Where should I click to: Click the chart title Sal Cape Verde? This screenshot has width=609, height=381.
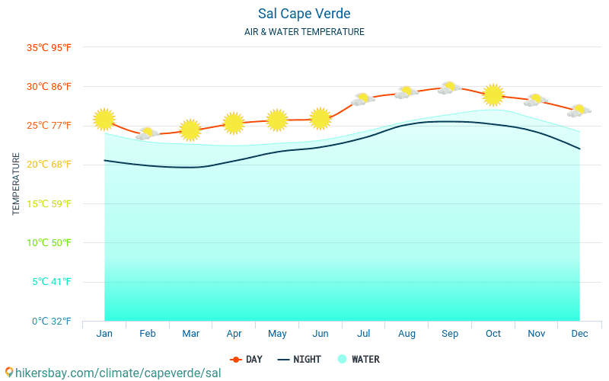(x=304, y=14)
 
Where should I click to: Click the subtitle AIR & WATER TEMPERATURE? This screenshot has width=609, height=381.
(x=304, y=32)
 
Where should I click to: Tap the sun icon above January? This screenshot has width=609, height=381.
(x=104, y=119)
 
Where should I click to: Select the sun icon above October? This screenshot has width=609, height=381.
(x=493, y=94)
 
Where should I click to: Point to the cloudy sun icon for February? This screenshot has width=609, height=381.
(x=147, y=134)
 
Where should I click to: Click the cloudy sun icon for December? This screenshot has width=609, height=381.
(x=579, y=110)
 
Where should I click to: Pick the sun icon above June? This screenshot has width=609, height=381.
(x=320, y=118)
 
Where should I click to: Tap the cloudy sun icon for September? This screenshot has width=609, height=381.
(x=449, y=88)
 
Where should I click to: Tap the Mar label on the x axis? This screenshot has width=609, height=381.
(x=190, y=334)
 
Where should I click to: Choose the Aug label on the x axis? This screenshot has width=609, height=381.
(x=407, y=334)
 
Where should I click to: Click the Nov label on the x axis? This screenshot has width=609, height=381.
(x=536, y=334)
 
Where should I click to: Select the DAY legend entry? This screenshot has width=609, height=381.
(x=247, y=359)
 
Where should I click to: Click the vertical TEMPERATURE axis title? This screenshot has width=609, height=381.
(x=17, y=184)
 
